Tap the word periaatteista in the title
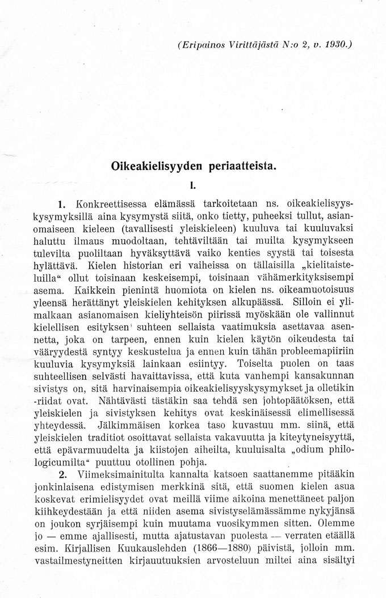pos(244,167)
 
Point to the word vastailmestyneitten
pos(78,562)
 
